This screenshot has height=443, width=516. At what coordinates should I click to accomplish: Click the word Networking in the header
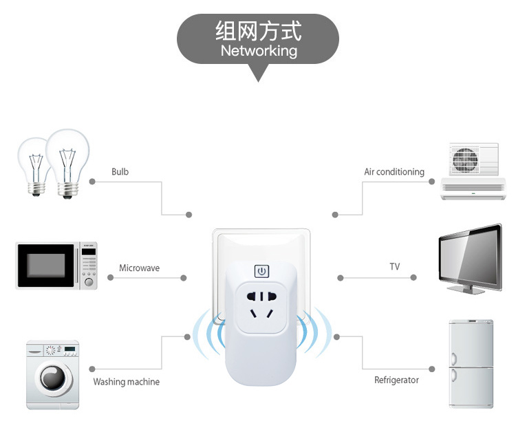pyautogui.click(x=259, y=51)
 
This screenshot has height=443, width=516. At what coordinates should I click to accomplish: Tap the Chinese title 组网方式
pyautogui.click(x=258, y=31)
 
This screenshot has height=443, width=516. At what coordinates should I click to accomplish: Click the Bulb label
pyautogui.click(x=120, y=171)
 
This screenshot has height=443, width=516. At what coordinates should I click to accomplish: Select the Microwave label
pyautogui.click(x=139, y=268)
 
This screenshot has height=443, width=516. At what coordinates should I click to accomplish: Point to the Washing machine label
pyautogui.click(x=126, y=382)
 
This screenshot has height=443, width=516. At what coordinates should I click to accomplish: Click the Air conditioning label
pyautogui.click(x=394, y=171)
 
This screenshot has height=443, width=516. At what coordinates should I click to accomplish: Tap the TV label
pyautogui.click(x=394, y=266)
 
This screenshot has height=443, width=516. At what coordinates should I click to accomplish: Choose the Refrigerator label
pyautogui.click(x=396, y=380)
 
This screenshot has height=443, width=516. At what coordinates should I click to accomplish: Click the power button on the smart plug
pyautogui.click(x=261, y=271)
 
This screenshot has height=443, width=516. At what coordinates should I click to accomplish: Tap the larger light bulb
pyautogui.click(x=67, y=158)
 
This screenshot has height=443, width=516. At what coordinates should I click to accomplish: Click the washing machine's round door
pyautogui.click(x=52, y=378)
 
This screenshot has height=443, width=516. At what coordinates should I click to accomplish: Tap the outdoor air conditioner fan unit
pyautogui.click(x=473, y=160)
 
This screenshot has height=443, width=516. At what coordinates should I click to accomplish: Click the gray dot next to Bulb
pyautogui.click(x=92, y=182)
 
